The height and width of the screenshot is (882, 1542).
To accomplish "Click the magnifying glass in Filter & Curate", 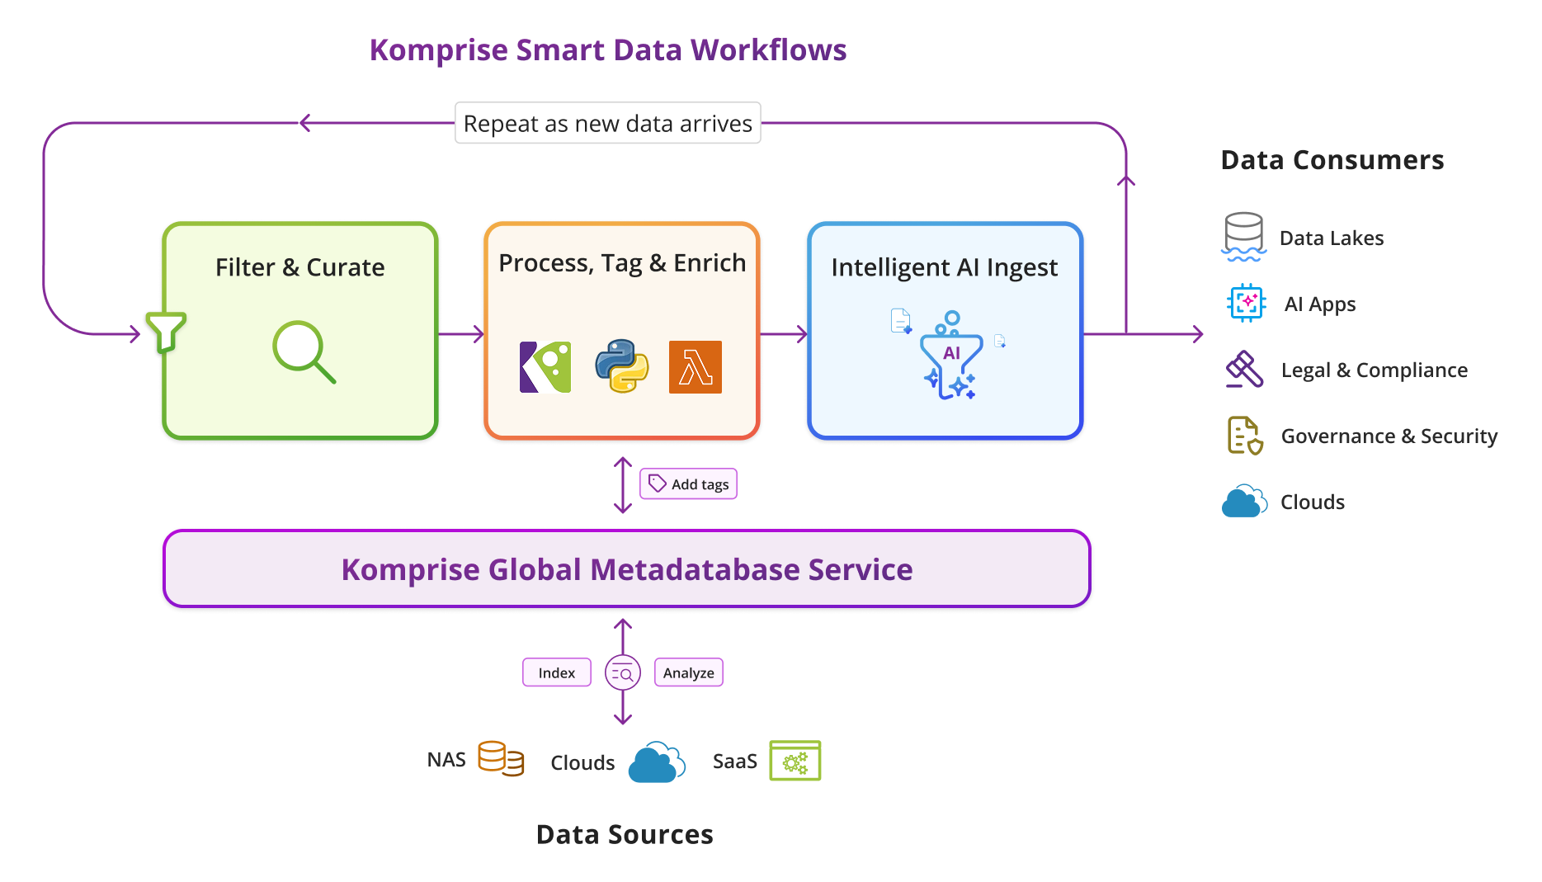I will (x=303, y=351).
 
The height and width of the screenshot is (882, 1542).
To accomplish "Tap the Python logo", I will (x=621, y=366).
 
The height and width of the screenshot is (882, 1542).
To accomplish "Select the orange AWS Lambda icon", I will (x=695, y=367).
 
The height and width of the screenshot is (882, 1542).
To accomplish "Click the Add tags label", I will (x=688, y=484).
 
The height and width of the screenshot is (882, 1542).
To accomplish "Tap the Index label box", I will (x=556, y=672).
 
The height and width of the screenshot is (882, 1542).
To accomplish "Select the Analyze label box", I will (x=688, y=672).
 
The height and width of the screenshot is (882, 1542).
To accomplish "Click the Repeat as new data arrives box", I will (x=607, y=124).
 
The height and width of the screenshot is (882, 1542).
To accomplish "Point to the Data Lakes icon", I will (x=1243, y=237).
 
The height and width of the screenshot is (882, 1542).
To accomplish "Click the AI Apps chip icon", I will (x=1246, y=303).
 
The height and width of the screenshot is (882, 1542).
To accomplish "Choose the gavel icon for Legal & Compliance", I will (x=1244, y=369).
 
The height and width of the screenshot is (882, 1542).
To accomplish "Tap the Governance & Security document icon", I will (x=1244, y=435).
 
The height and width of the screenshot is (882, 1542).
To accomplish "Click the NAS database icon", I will (x=500, y=758).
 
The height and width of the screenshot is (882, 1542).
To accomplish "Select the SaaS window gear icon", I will (x=795, y=760).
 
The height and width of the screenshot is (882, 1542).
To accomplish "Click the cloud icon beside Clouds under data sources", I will (x=656, y=762).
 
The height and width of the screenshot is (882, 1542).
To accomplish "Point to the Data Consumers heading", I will (x=1332, y=160).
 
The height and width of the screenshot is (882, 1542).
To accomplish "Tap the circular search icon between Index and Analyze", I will (x=622, y=673).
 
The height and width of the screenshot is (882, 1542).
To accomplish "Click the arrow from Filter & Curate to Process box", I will (x=460, y=334).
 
